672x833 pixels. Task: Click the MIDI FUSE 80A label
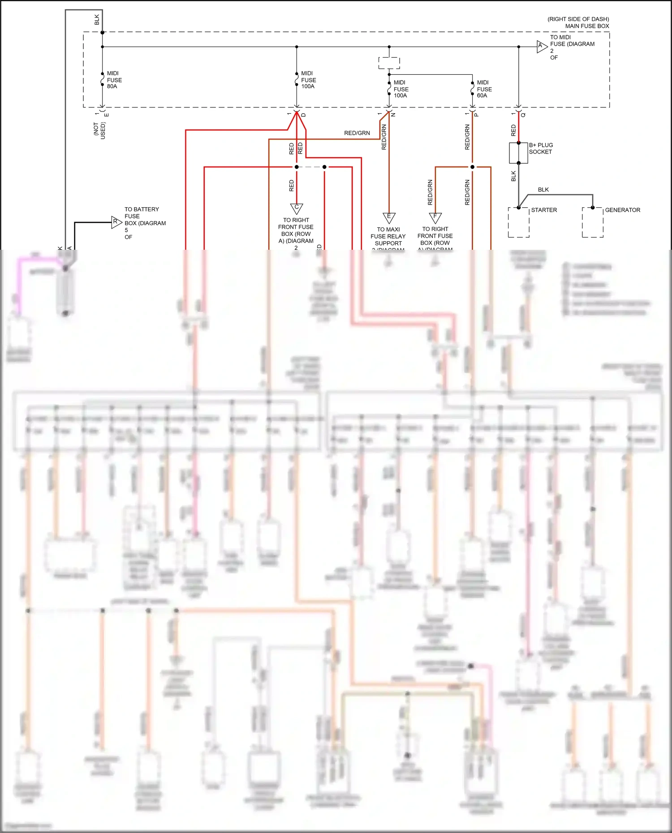(114, 80)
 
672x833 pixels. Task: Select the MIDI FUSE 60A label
(484, 89)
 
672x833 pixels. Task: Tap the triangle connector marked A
(541, 46)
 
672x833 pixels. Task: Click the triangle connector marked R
(116, 222)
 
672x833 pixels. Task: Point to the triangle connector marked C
(297, 208)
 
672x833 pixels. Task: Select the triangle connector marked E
(389, 218)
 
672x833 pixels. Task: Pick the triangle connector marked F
(435, 217)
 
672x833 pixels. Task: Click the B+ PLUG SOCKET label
(541, 148)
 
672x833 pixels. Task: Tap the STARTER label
(544, 210)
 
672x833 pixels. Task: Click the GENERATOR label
(622, 210)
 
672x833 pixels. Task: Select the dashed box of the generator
(592, 222)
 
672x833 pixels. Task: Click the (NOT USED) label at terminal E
(99, 130)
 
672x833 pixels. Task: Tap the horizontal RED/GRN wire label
(357, 133)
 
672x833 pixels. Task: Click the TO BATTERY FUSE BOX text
(144, 216)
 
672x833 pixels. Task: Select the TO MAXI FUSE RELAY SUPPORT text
(388, 236)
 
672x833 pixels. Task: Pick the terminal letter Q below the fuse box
(523, 115)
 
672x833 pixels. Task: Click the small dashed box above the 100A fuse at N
(389, 63)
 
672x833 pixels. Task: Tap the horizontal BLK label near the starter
(543, 190)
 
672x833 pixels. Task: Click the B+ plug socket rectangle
(518, 153)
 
